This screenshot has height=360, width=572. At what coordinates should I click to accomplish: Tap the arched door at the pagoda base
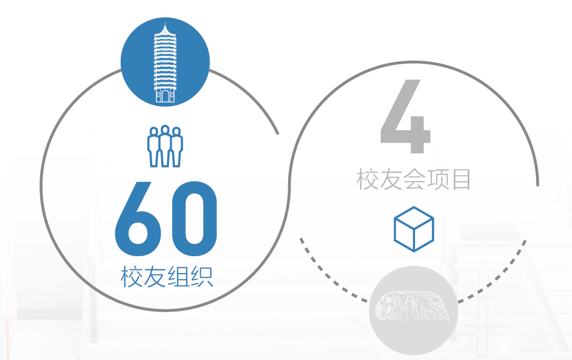[x=165, y=96]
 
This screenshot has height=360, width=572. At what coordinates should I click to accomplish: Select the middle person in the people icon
[x=165, y=145]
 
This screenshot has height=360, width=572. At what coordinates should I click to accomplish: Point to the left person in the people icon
[x=154, y=147]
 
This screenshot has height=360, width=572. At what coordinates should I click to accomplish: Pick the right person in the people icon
[x=176, y=147]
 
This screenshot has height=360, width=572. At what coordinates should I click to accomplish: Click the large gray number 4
[x=405, y=116]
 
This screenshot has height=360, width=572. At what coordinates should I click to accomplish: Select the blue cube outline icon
[x=413, y=229]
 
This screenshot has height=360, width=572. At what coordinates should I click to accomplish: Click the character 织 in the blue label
[x=202, y=277]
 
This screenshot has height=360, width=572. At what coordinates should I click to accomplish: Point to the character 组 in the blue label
[x=179, y=277]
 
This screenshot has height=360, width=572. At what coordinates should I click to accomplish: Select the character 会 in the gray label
[x=413, y=179]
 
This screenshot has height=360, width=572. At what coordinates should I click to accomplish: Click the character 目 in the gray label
[x=461, y=179]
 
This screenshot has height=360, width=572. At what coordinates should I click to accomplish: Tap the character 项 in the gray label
[x=438, y=179]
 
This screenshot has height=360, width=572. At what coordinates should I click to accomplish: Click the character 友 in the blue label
[x=155, y=277]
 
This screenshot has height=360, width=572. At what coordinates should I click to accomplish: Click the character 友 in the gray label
[x=391, y=179]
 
